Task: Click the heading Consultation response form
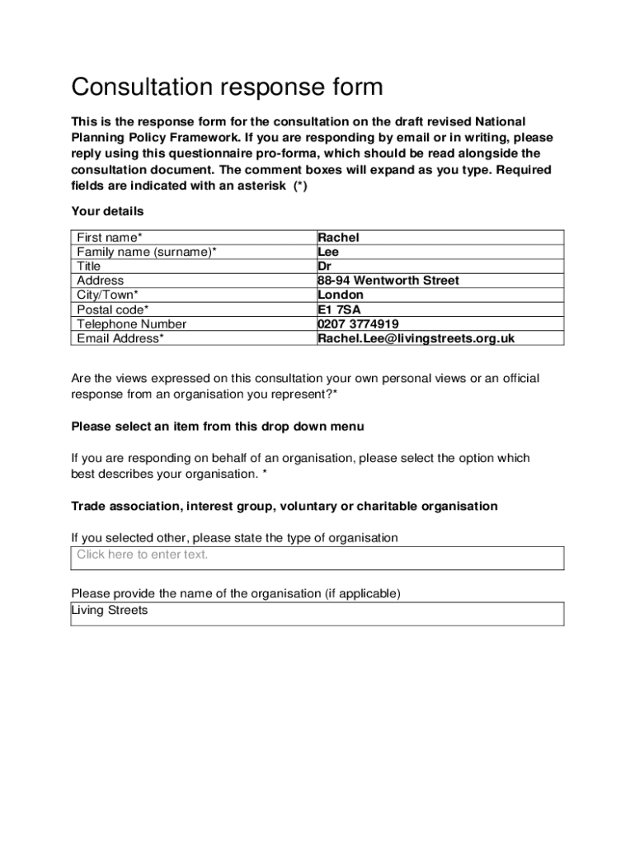point(227,87)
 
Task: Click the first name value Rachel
point(338,238)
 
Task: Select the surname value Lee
point(328,252)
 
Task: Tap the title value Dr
point(324,267)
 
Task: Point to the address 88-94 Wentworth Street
point(388,281)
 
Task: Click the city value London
point(340,295)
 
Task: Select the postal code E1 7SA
point(337,309)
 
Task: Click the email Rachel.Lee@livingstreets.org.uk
point(416,338)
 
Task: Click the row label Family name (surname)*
point(147,252)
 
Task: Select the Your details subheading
point(107,211)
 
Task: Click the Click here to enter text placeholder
point(143,555)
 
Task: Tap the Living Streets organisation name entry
point(110,611)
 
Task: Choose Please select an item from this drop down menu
point(218,427)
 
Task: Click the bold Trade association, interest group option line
point(285,506)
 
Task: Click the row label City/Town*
point(107,295)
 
